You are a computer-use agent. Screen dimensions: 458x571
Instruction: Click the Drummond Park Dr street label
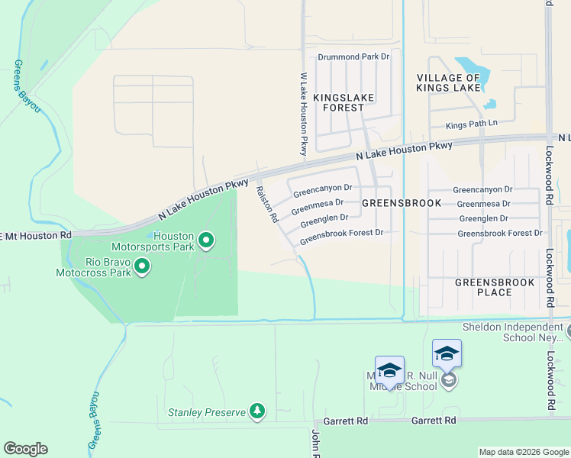point(353,56)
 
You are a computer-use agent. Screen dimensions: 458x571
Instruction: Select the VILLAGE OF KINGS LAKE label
point(448,82)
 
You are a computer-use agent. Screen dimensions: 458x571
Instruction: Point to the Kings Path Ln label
point(471,123)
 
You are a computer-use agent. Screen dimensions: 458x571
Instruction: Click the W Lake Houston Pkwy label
point(304,114)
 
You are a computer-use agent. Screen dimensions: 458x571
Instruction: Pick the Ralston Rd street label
point(266,205)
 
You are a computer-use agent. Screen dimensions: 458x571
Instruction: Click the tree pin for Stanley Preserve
point(258,412)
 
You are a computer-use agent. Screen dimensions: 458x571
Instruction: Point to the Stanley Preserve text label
point(207,413)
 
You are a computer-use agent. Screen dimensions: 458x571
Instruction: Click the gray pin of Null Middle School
point(450,379)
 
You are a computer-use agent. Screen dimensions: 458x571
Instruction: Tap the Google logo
point(25,449)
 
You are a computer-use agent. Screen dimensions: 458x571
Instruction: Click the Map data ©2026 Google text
point(523,452)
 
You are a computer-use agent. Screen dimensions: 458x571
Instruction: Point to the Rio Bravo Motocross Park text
point(96,266)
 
